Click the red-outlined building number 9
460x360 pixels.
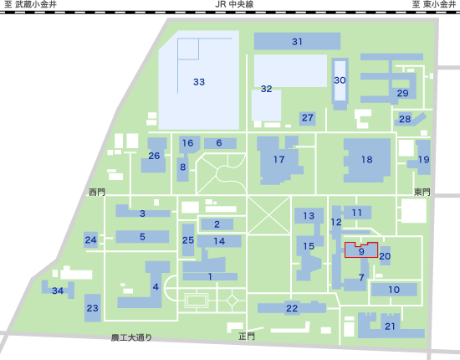tap(361, 251)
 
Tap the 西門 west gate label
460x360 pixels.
tap(97, 193)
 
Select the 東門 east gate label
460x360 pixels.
tap(422, 192)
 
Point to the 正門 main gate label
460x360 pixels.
tap(247, 337)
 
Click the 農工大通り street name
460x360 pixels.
tap(131, 337)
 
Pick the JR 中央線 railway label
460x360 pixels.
tap(234, 4)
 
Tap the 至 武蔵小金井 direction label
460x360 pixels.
tap(30, 4)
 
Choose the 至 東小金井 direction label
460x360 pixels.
tap(433, 4)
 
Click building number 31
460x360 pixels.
tap(297, 41)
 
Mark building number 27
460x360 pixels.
tap(308, 118)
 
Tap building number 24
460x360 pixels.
tap(90, 240)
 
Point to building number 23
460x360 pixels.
tap(92, 308)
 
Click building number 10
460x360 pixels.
tap(394, 290)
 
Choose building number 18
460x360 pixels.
tap(366, 160)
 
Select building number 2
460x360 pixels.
tap(217, 224)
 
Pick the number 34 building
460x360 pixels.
tap(58, 290)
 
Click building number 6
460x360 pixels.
tap(220, 143)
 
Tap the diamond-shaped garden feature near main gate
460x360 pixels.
tap(233, 300)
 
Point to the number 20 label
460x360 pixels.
tap(385, 256)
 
